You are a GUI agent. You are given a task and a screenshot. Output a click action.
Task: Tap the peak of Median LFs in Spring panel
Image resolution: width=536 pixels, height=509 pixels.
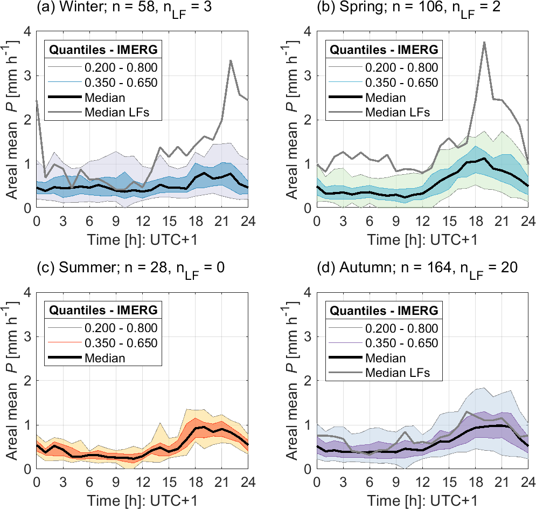[485, 42]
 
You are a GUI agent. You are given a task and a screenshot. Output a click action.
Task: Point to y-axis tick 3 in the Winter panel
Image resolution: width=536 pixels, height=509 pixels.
[26, 75]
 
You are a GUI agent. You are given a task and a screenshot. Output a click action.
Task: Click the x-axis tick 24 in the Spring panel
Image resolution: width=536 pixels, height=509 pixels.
[528, 221]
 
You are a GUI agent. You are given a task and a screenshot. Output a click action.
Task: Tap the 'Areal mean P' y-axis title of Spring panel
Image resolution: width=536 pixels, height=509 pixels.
[293, 120]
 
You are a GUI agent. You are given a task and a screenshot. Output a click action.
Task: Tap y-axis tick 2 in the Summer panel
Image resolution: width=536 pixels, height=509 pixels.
[26, 381]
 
